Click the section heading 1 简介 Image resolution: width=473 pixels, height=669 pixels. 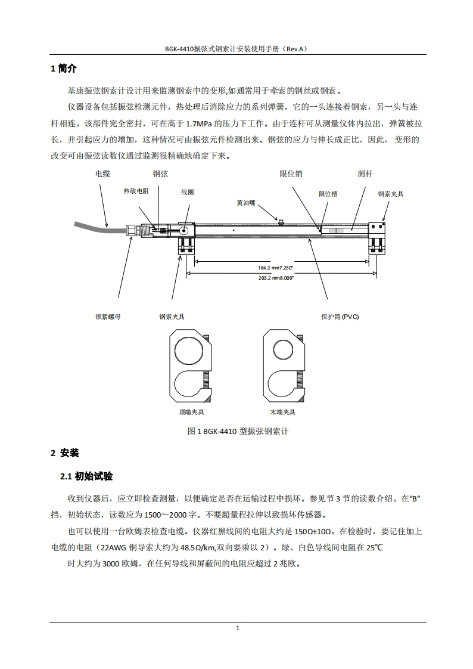coord(64,69)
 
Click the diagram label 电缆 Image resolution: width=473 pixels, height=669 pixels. coord(102,174)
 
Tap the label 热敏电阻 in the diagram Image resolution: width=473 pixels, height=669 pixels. coord(136,191)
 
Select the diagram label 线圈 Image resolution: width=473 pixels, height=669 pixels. coord(187,192)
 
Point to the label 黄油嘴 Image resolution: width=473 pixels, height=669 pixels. coord(245,203)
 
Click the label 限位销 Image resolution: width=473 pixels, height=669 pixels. coord(291,174)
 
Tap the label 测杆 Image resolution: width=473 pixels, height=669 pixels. coord(365,174)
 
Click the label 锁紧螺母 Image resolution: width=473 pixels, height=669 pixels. coord(108,317)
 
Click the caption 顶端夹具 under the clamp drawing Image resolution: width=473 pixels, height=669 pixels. coord(191,412)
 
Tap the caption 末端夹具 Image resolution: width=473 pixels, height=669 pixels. coord(282,412)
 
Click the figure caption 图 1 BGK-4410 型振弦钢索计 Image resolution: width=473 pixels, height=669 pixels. coord(238,431)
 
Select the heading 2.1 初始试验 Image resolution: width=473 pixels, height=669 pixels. coord(86,476)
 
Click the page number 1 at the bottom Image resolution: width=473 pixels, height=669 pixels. coord(238,628)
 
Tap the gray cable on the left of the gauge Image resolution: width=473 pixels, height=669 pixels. coord(95,226)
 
